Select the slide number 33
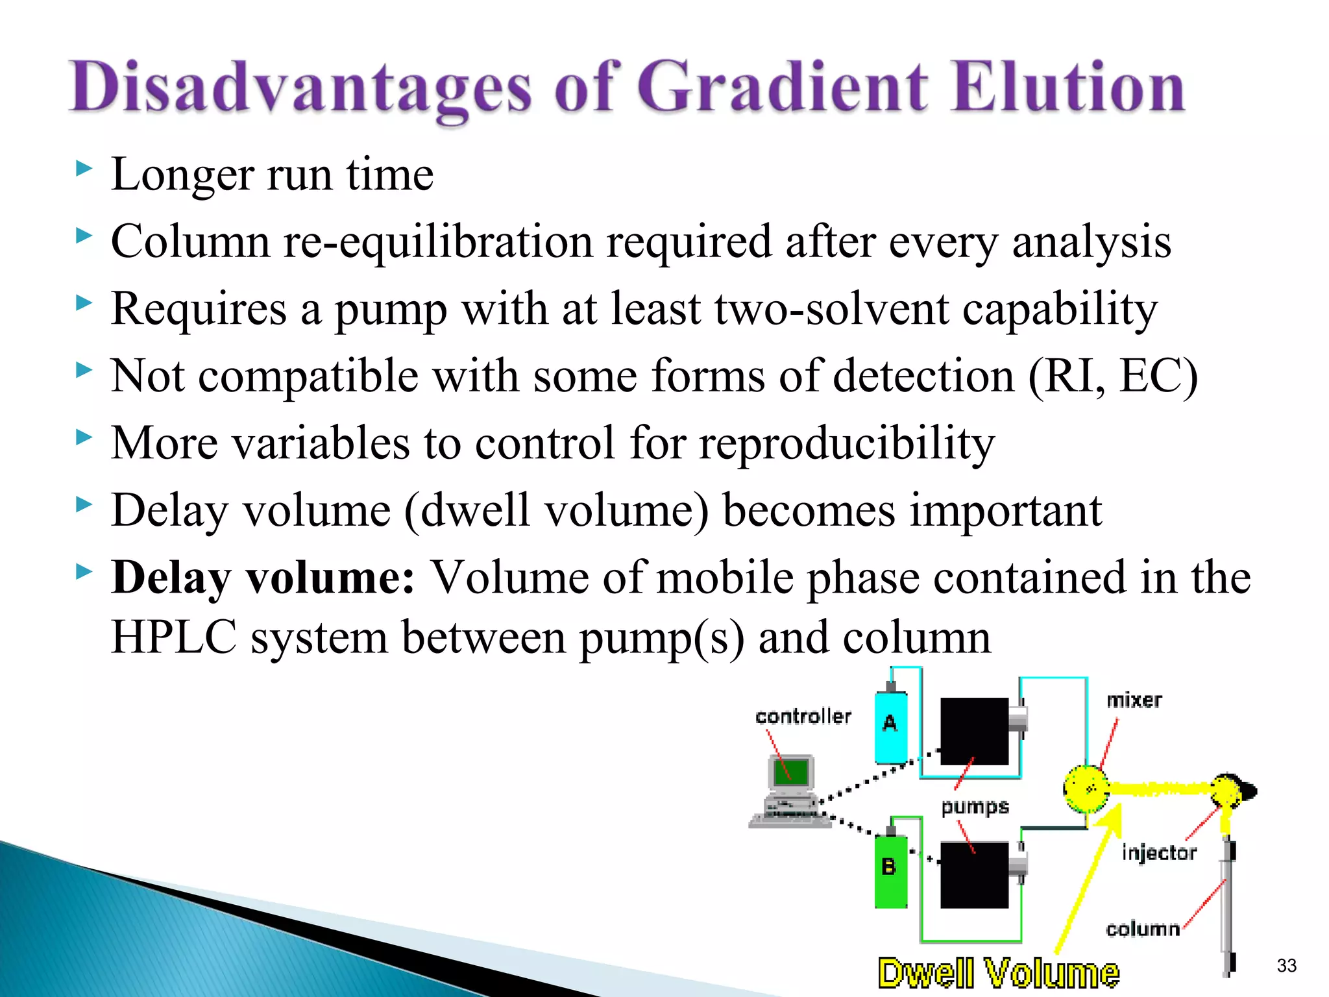point(1286,965)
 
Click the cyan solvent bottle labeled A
point(890,726)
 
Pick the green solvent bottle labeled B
point(890,870)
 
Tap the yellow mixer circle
point(1086,789)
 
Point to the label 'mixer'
point(1134,700)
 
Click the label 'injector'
point(1159,852)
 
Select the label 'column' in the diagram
point(1142,929)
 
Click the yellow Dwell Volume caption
point(998,974)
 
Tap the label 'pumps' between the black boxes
point(975,807)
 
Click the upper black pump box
point(974,732)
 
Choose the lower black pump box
point(974,875)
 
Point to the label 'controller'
point(803,717)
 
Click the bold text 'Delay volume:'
point(263,577)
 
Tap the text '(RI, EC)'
point(1112,376)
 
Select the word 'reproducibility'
point(846,443)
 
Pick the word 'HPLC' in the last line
point(173,637)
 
